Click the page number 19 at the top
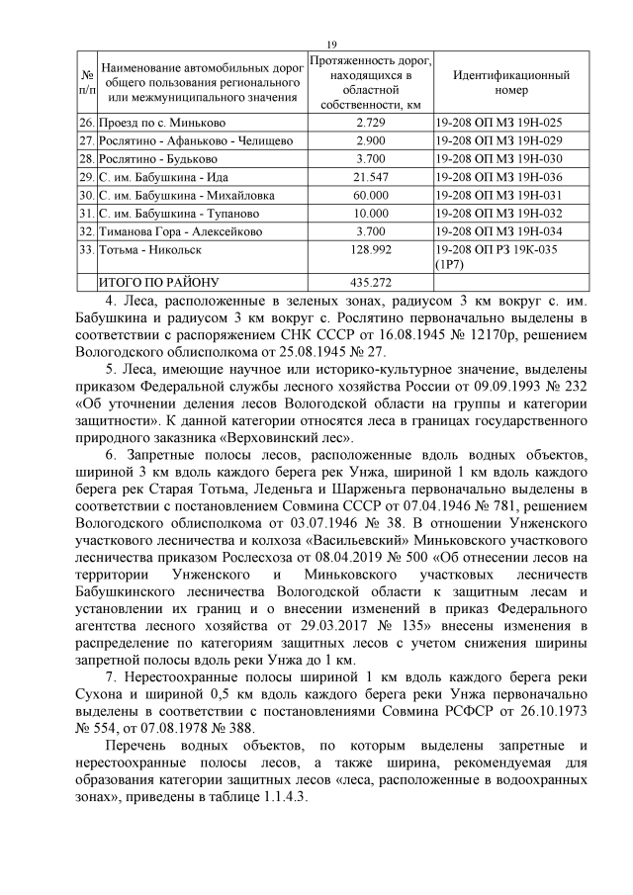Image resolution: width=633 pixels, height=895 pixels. (x=331, y=44)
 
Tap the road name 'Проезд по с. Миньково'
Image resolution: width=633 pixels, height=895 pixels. (x=161, y=123)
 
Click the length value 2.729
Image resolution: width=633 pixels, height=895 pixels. (x=370, y=123)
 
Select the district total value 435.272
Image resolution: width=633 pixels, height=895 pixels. (x=370, y=283)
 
